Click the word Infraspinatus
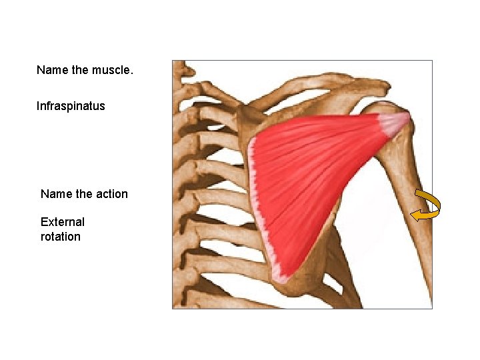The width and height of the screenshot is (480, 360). tap(71, 106)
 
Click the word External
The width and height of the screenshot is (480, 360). tap(63, 222)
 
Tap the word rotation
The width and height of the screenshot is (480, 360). tap(60, 237)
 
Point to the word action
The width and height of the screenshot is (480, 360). tap(111, 194)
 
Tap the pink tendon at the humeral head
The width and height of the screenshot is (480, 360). tap(393, 122)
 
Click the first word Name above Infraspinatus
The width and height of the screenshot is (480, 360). tap(51, 70)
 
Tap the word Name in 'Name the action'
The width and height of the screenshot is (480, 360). tap(55, 194)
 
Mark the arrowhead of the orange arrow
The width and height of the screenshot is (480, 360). tap(415, 215)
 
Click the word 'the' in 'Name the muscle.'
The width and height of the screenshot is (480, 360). tap(79, 70)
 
